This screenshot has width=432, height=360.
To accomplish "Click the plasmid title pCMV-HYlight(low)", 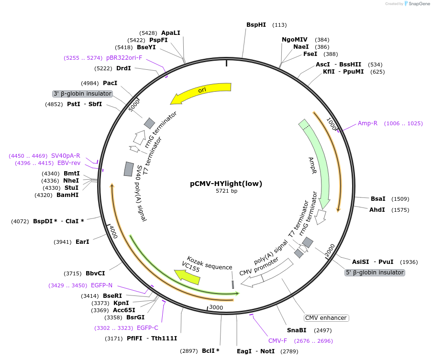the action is tap(226, 184).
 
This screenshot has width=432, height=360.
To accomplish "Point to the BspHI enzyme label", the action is tap(256, 25).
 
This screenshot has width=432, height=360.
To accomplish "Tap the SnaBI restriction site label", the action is tap(297, 330).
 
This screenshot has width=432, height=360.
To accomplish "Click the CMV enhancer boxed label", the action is tap(326, 318).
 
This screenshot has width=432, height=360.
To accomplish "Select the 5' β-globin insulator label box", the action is tap(375, 273).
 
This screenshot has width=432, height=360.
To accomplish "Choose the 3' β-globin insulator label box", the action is tap(82, 94).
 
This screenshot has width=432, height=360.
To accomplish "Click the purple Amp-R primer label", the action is tap(367, 123).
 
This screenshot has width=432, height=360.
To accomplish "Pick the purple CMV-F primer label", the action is tap(277, 341).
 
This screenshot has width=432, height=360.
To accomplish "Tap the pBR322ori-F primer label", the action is tap(124, 58).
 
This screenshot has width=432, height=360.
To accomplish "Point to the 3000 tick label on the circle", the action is tap(216, 307).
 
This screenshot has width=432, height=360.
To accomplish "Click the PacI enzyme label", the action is tap(110, 83).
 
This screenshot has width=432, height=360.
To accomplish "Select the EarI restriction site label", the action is tap(82, 242).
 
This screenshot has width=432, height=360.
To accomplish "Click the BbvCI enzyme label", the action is tap(95, 273).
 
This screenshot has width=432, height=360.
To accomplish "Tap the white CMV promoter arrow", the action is tap(266, 273).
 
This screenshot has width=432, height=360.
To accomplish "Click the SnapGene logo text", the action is tap(419, 3).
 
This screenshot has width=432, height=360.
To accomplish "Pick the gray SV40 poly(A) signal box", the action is tap(129, 169).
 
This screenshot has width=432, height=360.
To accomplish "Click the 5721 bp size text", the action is tap(226, 191).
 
